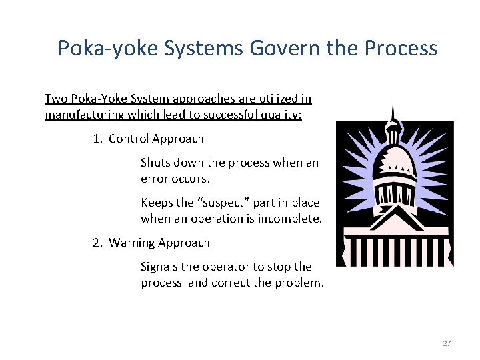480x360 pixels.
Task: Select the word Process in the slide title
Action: (401, 49)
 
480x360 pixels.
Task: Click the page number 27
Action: (447, 343)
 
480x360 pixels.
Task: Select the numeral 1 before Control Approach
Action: (96, 139)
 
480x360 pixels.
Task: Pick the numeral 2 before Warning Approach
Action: (96, 243)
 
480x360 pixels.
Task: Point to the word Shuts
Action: (155, 163)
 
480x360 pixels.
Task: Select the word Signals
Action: (160, 267)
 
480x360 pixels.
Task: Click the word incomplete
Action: (292, 219)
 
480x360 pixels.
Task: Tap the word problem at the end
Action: (300, 283)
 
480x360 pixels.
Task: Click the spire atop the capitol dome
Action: (393, 110)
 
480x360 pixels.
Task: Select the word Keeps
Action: (157, 203)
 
